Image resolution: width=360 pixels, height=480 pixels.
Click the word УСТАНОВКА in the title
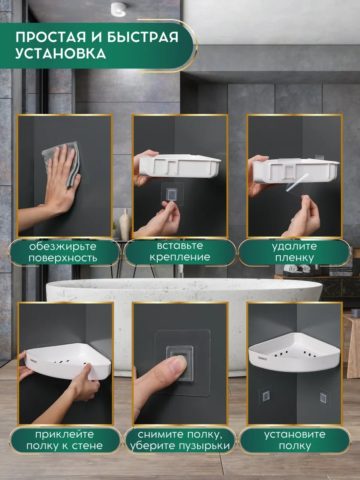click(x=61, y=54)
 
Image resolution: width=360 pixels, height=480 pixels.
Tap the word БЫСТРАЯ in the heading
click(x=142, y=36)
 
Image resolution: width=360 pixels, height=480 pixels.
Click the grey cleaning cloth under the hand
click(x=62, y=163)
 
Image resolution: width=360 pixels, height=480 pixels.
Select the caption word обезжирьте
click(x=63, y=246)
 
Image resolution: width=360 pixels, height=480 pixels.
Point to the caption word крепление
click(x=180, y=257)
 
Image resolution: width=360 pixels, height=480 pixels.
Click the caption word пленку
click(x=294, y=258)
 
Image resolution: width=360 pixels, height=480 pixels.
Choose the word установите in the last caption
click(x=295, y=434)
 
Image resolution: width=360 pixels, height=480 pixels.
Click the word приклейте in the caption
click(x=64, y=435)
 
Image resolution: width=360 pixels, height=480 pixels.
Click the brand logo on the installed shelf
click(x=262, y=358)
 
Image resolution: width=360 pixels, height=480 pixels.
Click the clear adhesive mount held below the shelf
click(x=172, y=194)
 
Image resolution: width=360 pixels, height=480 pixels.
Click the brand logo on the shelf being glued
click(x=34, y=362)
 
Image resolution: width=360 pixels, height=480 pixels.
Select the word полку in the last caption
click(x=295, y=446)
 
